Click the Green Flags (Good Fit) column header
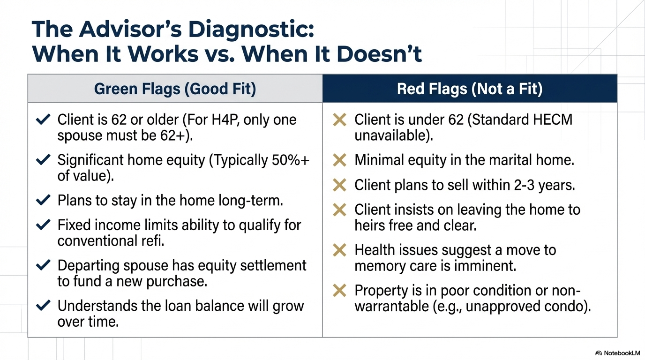[175, 89]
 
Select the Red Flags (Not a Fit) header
[469, 89]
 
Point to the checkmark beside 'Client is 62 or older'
[43, 120]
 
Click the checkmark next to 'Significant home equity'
[43, 160]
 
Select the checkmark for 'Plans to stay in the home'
[43, 201]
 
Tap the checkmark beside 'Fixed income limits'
[43, 225]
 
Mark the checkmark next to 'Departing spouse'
[43, 266]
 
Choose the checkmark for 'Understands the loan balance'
[43, 306]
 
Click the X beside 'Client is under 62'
[339, 120]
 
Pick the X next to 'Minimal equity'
[339, 160]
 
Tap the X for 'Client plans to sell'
[339, 185]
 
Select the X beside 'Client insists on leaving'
[339, 210]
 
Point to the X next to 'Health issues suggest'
[339, 250]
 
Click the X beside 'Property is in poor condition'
[339, 291]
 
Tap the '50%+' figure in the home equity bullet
[291, 160]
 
